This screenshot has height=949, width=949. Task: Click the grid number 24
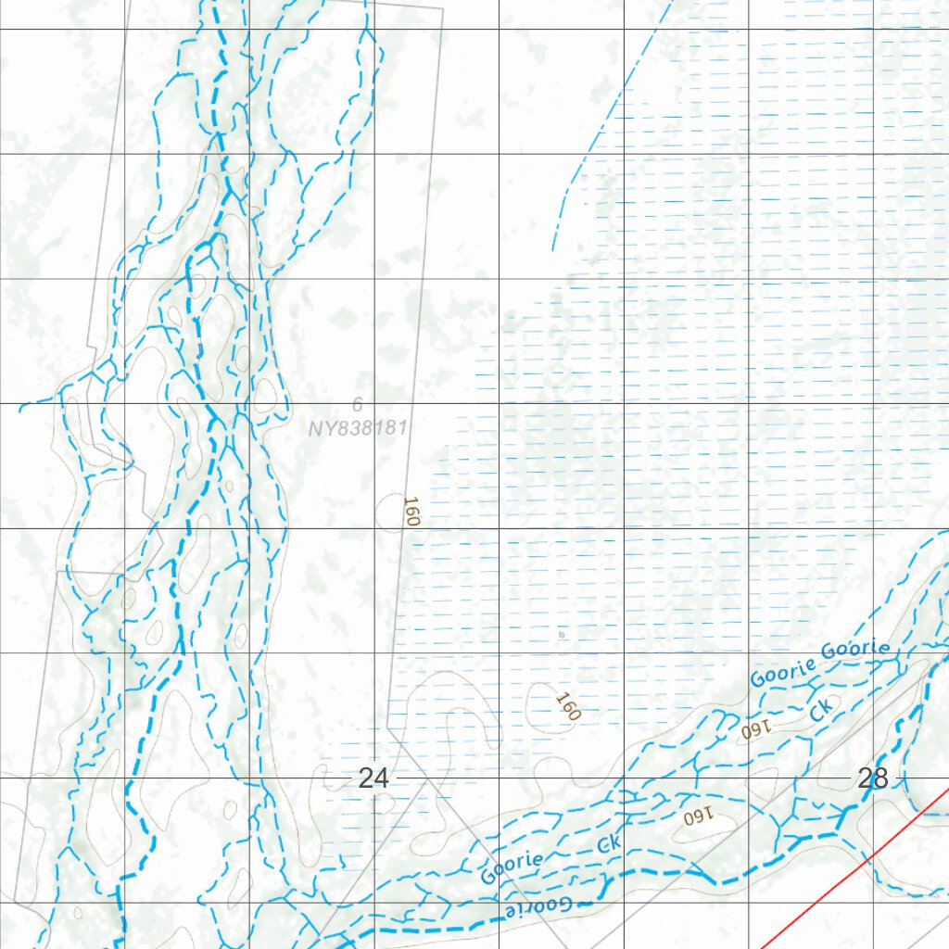(x=373, y=778)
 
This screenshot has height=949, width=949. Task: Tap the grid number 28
(x=873, y=778)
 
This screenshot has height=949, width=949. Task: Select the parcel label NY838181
(x=358, y=428)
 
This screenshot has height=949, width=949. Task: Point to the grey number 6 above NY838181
(x=357, y=405)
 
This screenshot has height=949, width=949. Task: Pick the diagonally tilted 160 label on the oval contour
(x=566, y=707)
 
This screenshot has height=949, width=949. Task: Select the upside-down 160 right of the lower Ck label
(x=696, y=817)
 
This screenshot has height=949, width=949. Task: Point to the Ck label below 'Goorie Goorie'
(x=821, y=709)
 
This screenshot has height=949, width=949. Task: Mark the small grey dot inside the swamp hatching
(x=561, y=636)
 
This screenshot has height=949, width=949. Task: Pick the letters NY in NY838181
(x=321, y=428)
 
